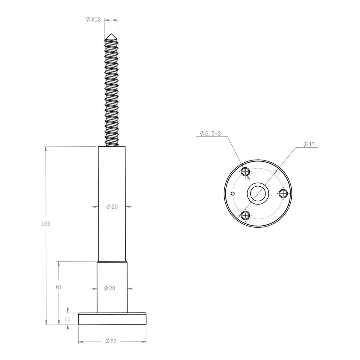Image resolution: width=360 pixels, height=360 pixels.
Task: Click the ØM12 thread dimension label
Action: (x=93, y=19)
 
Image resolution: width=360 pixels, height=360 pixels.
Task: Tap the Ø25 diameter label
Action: (x=112, y=207)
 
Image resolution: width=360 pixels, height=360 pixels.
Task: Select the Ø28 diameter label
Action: (x=109, y=288)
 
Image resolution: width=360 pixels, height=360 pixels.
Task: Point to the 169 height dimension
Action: (x=46, y=223)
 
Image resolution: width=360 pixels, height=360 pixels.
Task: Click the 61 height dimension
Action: (x=59, y=287)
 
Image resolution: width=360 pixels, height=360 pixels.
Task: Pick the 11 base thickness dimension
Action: (x=67, y=319)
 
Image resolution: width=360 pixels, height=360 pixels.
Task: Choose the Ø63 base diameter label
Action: (x=111, y=341)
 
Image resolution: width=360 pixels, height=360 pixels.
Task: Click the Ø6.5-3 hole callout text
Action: (x=210, y=133)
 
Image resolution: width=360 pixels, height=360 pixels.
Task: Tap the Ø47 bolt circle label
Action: (x=309, y=144)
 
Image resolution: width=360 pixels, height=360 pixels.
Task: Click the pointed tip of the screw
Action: (x=111, y=34)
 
